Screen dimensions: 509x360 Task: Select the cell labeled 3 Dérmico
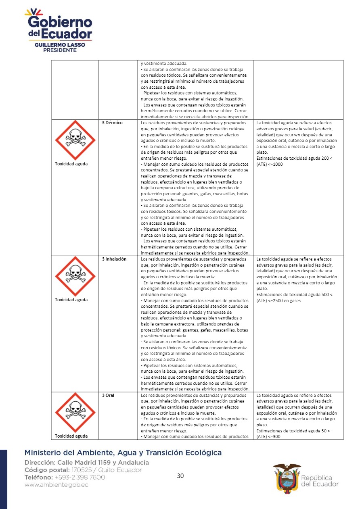[112, 123]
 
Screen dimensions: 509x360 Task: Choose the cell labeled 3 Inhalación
[114, 259]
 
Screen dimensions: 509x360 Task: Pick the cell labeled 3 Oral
[108, 395]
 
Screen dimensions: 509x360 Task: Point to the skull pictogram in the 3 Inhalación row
[75, 276]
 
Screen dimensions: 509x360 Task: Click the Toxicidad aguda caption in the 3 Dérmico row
[71, 164]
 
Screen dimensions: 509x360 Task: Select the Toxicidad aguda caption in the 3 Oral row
[71, 436]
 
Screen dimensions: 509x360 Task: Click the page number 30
[180, 476]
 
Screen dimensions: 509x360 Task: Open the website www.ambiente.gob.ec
[56, 485]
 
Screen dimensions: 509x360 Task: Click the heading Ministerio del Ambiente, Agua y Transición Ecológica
[123, 453]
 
